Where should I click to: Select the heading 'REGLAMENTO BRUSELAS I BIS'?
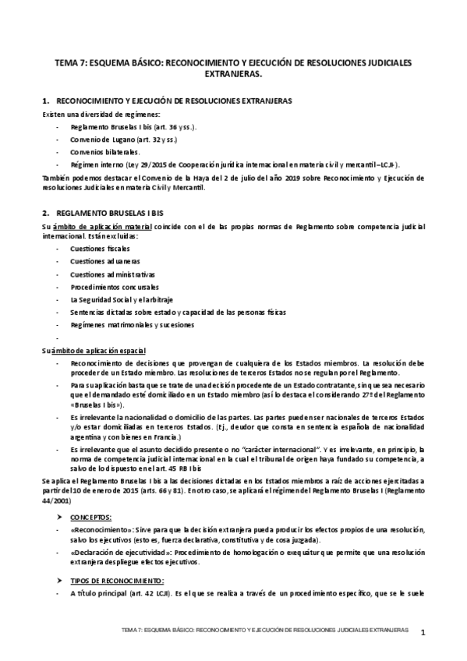click(x=116, y=212)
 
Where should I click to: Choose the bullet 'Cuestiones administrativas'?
click(x=112, y=274)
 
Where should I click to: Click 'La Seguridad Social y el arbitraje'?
click(x=122, y=299)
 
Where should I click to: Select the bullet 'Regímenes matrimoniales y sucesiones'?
click(x=132, y=325)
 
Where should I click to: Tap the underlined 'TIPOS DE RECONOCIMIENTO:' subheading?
click(x=117, y=581)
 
